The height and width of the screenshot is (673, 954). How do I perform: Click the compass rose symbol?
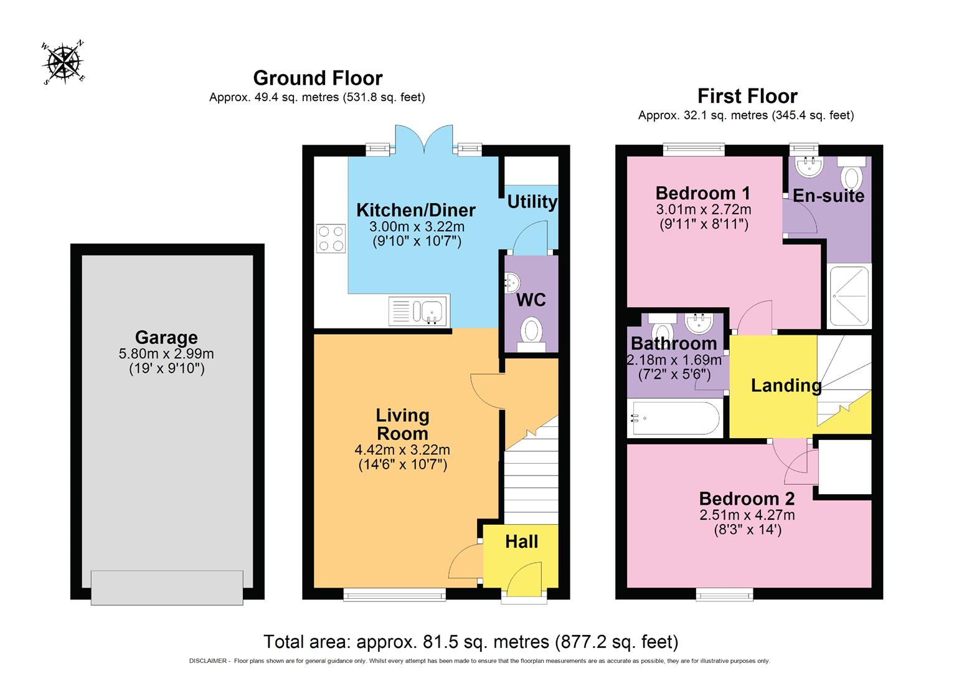point(63,62)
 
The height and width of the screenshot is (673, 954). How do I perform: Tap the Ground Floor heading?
point(318,78)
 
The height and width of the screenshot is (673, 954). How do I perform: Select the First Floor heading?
point(747,96)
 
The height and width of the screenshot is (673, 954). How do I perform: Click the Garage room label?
point(166,337)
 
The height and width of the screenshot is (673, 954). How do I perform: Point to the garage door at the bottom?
point(167,587)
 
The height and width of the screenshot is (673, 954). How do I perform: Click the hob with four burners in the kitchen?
point(331,238)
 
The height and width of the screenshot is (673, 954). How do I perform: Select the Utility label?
point(532,202)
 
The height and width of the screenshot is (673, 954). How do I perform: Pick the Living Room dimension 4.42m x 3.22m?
point(402,449)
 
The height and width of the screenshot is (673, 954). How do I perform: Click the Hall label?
point(521,542)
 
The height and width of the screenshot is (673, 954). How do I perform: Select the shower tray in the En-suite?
point(849,296)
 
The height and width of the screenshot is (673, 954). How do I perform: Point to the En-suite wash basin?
point(810,166)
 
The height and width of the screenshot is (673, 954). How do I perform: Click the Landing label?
point(786,385)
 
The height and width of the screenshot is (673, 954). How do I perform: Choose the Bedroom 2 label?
point(747,499)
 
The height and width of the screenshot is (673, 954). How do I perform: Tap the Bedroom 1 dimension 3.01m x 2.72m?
point(703,209)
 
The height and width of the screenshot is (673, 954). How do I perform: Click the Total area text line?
point(471,641)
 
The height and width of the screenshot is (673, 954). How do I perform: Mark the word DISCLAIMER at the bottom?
point(208,661)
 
